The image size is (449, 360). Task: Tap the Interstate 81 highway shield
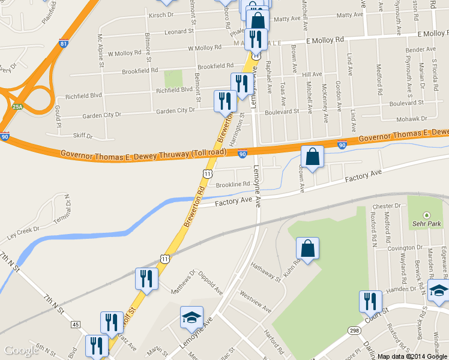click(64, 44)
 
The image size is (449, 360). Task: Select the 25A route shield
click(17, 107)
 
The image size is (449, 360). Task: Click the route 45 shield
click(76, 325)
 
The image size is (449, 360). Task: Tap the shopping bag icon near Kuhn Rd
click(307, 248)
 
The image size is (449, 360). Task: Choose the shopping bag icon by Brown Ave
click(312, 157)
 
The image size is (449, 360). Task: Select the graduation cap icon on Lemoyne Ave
click(192, 317)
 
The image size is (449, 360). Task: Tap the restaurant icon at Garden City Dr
click(226, 100)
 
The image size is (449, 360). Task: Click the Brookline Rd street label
click(232, 185)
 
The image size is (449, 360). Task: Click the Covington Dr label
click(401, 248)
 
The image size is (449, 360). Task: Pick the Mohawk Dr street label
click(411, 119)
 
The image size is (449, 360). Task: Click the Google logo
click(20, 351)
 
